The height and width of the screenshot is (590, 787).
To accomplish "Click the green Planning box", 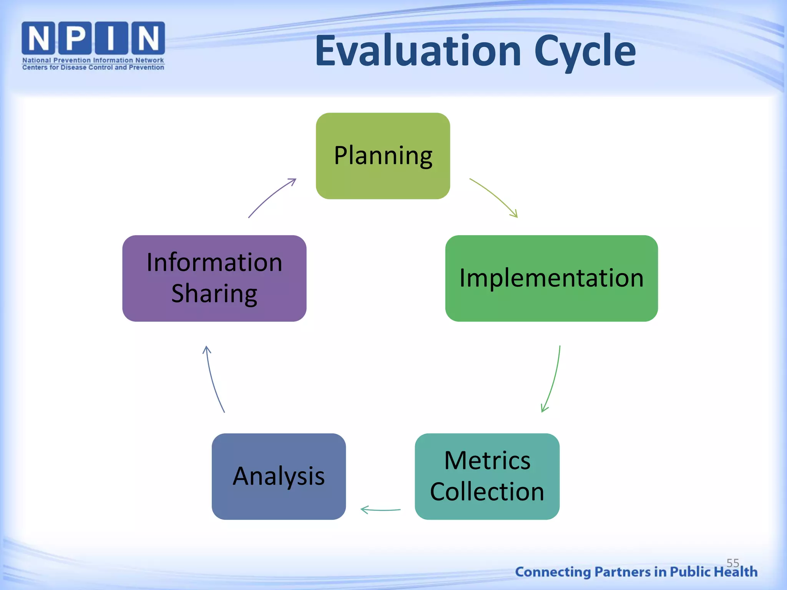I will [383, 156].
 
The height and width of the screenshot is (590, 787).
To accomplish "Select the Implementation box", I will [551, 278].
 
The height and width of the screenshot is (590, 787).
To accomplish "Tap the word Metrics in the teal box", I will [487, 460].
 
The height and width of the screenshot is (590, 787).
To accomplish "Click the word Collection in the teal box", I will [487, 491].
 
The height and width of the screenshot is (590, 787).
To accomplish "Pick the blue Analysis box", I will [279, 476].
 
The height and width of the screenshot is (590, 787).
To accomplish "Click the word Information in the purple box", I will [214, 262].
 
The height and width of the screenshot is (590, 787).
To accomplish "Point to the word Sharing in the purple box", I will [214, 293].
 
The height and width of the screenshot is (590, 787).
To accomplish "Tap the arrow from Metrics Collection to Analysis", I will [380, 510].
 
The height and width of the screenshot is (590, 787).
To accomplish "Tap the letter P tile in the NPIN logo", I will [75, 38].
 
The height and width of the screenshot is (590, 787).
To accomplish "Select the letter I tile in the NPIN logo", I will [111, 38].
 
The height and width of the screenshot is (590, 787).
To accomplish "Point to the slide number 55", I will [732, 563].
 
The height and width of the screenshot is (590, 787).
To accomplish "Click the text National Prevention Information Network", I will [93, 60].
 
